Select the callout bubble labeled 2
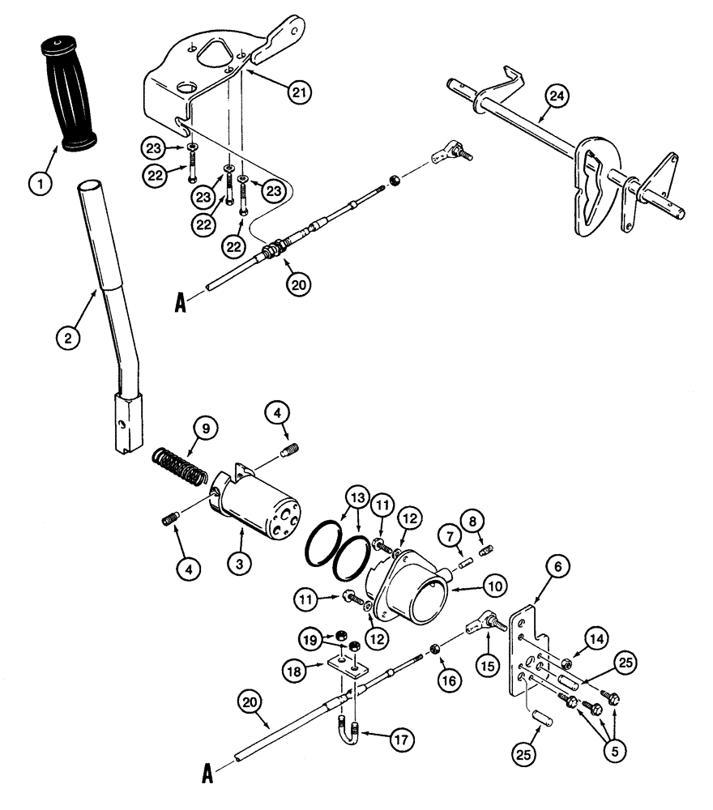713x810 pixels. (x=68, y=336)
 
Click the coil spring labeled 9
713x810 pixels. (x=179, y=470)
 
